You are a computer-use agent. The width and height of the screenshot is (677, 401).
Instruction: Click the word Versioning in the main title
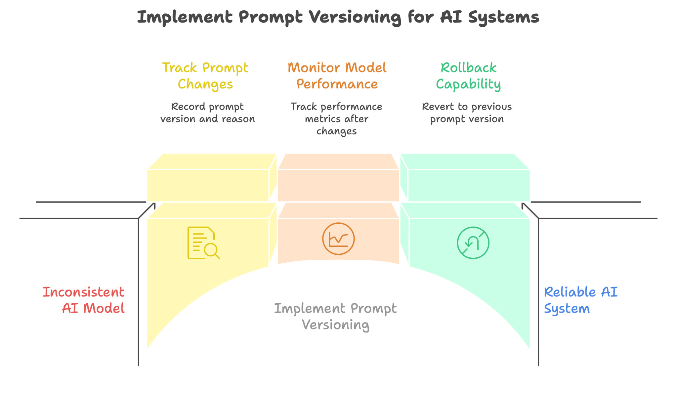coord(355,17)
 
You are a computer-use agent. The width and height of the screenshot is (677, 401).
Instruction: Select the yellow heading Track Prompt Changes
coord(205,76)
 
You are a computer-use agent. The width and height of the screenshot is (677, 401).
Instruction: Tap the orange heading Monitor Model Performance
coord(337,76)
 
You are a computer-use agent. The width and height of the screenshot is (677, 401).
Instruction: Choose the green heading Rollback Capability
coord(468,76)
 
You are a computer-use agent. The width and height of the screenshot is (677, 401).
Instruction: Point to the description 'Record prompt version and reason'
coord(207,113)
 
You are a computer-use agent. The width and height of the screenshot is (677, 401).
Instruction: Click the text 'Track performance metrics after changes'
coord(336,119)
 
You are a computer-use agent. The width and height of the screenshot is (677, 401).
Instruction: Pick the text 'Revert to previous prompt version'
coord(467,113)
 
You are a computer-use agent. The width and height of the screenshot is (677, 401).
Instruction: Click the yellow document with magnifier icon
coord(203,243)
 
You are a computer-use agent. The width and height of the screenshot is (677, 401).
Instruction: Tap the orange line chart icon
coord(338,239)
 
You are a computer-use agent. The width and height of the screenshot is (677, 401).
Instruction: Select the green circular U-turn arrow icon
coord(473,243)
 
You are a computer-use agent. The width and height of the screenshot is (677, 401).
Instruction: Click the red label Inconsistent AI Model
coord(83,300)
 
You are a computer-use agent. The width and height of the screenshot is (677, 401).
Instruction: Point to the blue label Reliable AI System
coord(580,300)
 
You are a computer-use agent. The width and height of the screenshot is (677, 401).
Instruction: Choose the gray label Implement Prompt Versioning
coord(335,316)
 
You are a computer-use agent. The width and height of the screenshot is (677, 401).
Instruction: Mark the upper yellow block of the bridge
coord(208,185)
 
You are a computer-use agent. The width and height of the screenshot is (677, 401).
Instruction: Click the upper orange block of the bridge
coord(338,185)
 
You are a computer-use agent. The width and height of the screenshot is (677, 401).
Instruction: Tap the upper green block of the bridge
coord(468,185)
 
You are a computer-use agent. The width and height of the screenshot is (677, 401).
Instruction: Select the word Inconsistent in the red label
coord(83,292)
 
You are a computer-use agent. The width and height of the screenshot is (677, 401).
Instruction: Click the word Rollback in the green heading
coord(468,68)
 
